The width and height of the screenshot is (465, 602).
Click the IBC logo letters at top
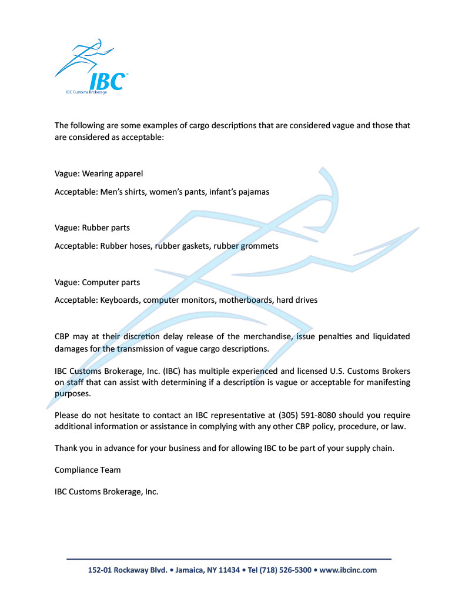pos(106,81)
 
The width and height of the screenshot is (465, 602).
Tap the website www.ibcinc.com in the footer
pos(348,570)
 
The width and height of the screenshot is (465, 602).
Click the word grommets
pos(257,246)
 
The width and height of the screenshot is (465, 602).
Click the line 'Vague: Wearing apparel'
pos(99,173)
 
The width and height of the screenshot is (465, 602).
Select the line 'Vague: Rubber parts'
pos(92,228)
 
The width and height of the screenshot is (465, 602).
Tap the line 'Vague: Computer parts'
pos(97,282)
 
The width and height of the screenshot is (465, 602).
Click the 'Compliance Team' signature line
pos(88,470)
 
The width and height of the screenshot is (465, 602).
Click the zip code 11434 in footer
pos(229,570)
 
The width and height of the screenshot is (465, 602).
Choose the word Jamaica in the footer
pos(190,570)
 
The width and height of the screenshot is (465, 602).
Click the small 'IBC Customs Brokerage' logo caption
pos(86,92)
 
